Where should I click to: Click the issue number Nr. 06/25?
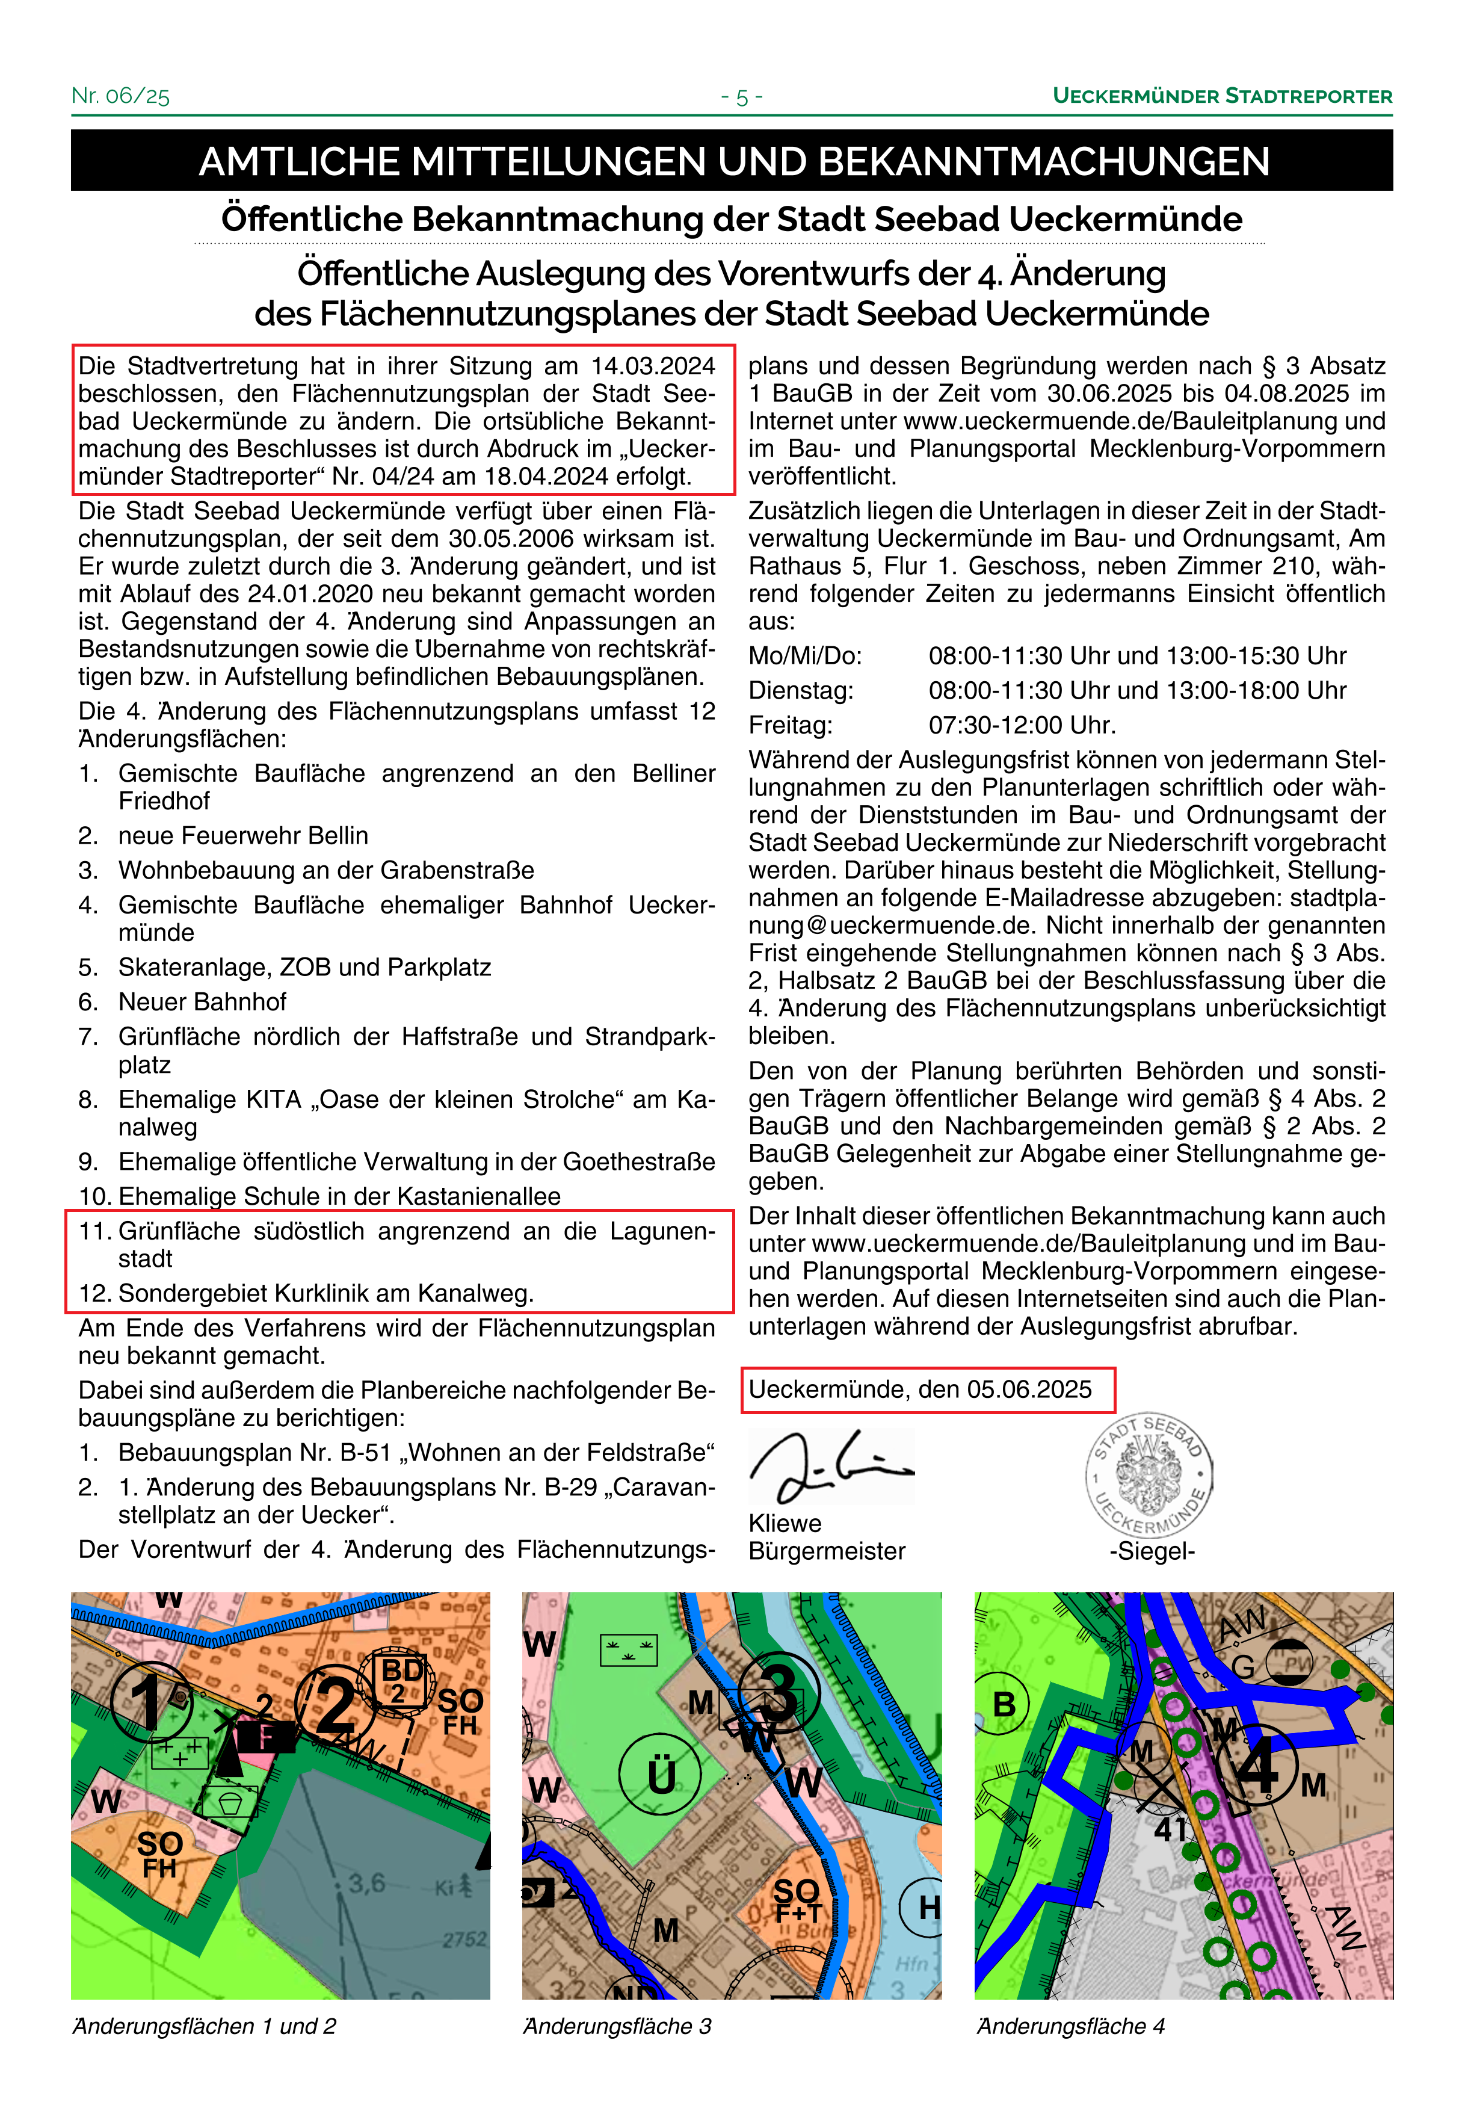point(120,96)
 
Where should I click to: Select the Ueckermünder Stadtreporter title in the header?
point(1222,96)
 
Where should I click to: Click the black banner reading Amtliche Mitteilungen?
point(733,161)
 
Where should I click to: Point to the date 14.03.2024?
point(653,366)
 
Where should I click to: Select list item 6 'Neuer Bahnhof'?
point(202,1002)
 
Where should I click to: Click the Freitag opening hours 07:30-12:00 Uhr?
point(1022,725)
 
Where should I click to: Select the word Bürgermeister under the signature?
point(827,1551)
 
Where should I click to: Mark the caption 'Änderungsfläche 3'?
point(617,2026)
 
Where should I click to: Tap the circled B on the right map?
point(1005,1705)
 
